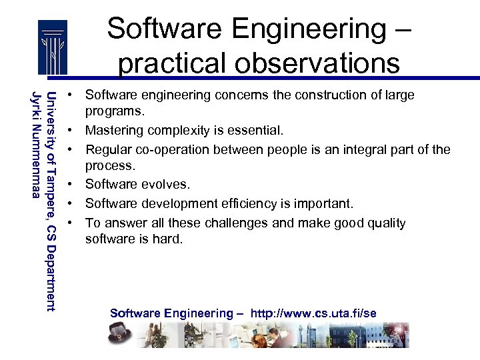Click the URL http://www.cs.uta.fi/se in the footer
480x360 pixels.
(313, 313)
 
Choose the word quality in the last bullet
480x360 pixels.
(383, 223)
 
